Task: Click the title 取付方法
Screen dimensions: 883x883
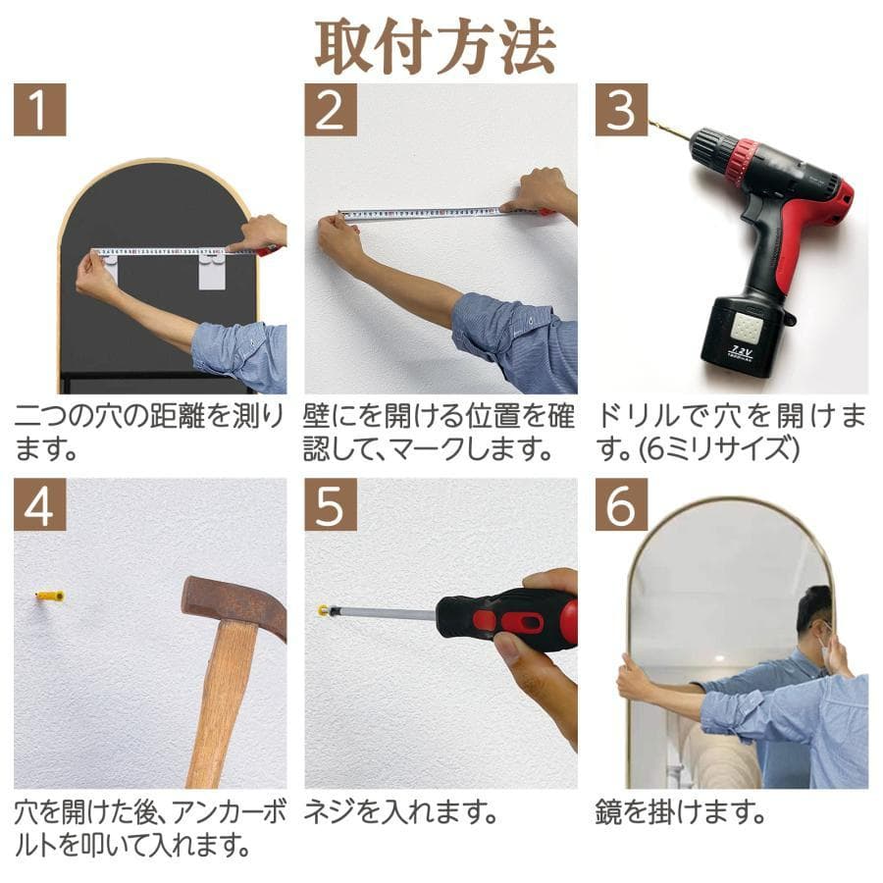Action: tap(435, 44)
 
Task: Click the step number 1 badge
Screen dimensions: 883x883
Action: tap(39, 111)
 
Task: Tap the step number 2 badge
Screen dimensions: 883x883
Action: tap(330, 111)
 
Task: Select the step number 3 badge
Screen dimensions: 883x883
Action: tap(621, 111)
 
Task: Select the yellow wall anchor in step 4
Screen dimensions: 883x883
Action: tap(49, 596)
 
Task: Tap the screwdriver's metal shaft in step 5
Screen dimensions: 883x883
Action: tap(383, 613)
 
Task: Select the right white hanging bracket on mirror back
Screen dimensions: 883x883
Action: tap(212, 270)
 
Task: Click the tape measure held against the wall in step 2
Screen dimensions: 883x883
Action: tap(432, 213)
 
